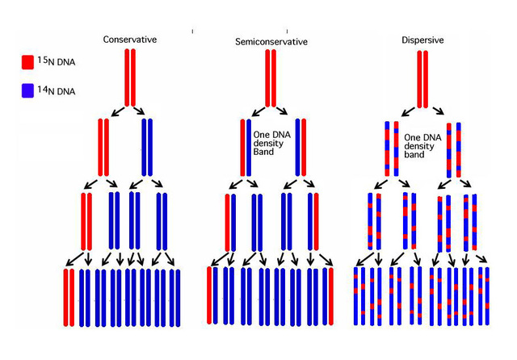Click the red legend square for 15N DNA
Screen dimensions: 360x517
[27, 61]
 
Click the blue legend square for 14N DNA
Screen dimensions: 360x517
[27, 90]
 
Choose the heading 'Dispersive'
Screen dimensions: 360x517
[422, 40]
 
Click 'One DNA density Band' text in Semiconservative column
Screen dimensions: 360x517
[272, 144]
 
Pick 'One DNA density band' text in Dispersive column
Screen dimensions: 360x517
[422, 144]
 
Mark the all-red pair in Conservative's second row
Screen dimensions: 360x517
[103, 147]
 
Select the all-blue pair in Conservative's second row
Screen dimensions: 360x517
[147, 147]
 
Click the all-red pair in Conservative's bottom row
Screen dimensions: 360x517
[69, 297]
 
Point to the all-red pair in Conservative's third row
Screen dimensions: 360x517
[87, 221]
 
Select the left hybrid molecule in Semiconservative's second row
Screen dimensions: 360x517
[246, 147]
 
